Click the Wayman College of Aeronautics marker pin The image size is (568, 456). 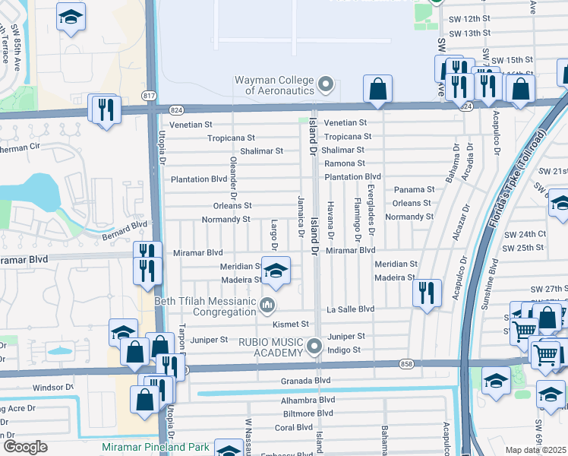[327, 84]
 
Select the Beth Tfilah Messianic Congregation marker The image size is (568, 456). [267, 306]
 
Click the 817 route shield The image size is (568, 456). [149, 95]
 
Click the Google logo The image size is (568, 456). [25, 447]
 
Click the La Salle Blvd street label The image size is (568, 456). [351, 309]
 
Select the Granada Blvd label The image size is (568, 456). [308, 380]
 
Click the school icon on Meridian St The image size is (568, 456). [276, 271]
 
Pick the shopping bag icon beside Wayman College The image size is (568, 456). [377, 89]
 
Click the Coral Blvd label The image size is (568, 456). [295, 427]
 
